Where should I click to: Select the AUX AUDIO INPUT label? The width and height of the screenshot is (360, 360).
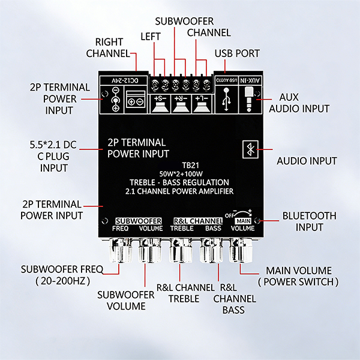coord(299,103)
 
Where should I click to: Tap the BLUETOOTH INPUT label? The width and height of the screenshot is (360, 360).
coord(309,221)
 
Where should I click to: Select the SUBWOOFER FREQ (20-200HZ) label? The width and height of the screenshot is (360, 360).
coord(62,275)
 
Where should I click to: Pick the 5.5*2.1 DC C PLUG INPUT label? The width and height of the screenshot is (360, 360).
coord(53,157)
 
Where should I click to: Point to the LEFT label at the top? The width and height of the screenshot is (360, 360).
coord(151,37)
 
